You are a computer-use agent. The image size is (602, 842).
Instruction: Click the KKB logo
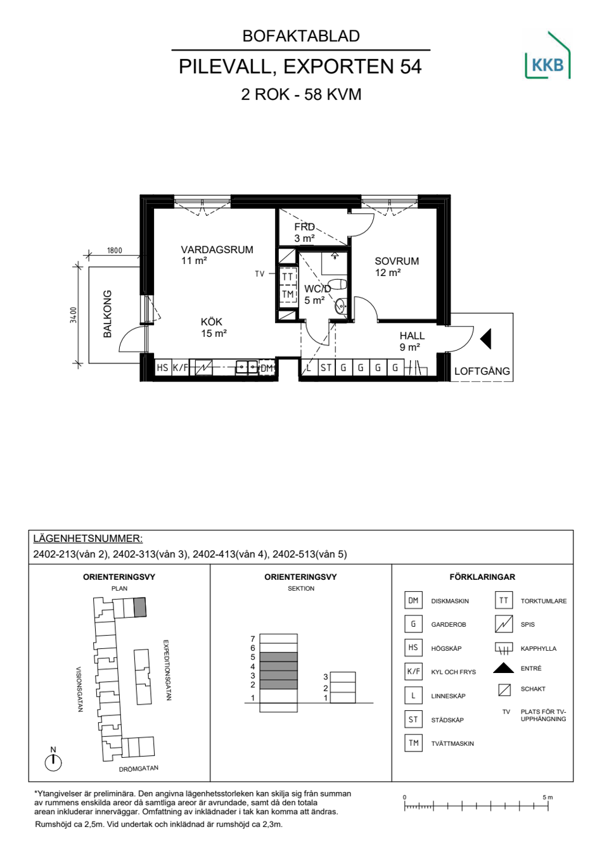coord(548,55)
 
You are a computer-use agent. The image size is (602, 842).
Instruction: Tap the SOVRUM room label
coord(397,261)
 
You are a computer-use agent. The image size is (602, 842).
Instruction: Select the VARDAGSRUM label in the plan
coord(217,249)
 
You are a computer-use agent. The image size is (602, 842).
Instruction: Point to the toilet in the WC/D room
coord(336,284)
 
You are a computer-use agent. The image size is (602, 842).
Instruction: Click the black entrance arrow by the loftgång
coord(485,339)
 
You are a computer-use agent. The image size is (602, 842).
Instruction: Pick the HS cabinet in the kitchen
coord(162,367)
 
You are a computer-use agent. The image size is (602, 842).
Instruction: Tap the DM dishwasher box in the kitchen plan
coord(267,368)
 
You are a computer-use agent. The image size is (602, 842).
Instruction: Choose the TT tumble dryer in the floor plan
coord(288,277)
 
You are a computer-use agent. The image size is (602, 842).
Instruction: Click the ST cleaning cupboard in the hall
coord(326,367)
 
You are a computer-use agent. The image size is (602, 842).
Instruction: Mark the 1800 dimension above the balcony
coord(114,250)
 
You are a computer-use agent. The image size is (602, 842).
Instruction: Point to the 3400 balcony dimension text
coord(74,315)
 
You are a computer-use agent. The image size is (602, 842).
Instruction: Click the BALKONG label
coord(108,314)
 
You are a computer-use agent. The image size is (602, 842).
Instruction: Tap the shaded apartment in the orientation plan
coord(140,607)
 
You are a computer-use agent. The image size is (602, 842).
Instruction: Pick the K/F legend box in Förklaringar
coord(414,671)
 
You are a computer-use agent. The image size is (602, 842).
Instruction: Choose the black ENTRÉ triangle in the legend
coord(503,668)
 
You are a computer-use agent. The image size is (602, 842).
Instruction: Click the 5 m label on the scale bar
coord(548,797)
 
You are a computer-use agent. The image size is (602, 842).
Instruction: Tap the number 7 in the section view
coord(253,639)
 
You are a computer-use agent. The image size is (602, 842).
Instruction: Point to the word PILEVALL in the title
coord(225,67)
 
